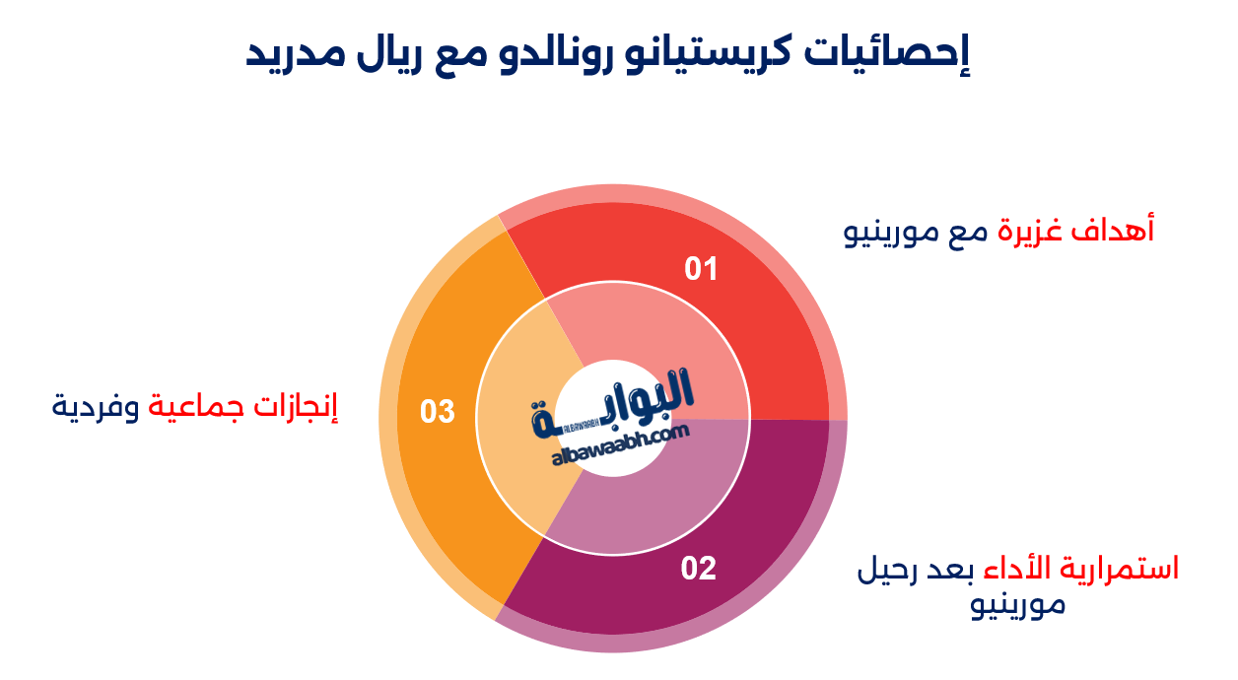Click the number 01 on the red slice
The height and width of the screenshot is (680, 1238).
tap(701, 269)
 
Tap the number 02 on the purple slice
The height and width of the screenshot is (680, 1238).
tap(698, 569)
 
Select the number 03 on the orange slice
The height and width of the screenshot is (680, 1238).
tap(437, 411)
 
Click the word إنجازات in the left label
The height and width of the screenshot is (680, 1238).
tap(295, 405)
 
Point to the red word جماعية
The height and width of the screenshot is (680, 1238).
tap(194, 405)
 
